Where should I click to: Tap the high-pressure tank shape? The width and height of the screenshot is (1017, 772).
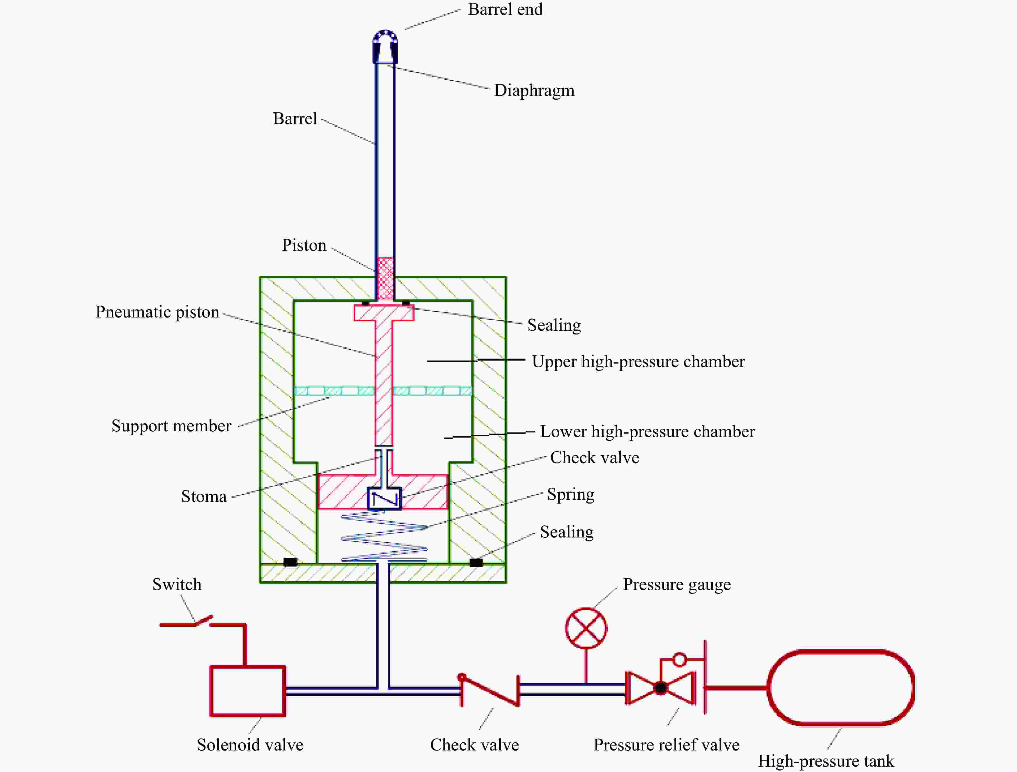(768, 688)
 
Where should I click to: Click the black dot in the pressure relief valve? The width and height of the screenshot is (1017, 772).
(661, 688)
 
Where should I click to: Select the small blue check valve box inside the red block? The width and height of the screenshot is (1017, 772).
(384, 498)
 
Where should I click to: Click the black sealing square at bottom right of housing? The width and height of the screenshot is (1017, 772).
(476, 562)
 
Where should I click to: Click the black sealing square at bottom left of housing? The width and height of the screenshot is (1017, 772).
(290, 562)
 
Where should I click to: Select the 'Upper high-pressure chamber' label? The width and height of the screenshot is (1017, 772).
(638, 362)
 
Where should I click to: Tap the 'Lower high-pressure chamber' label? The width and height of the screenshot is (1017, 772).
(647, 432)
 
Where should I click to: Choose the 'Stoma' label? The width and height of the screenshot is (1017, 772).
(204, 497)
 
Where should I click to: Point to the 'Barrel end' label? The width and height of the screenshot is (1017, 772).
(505, 9)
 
